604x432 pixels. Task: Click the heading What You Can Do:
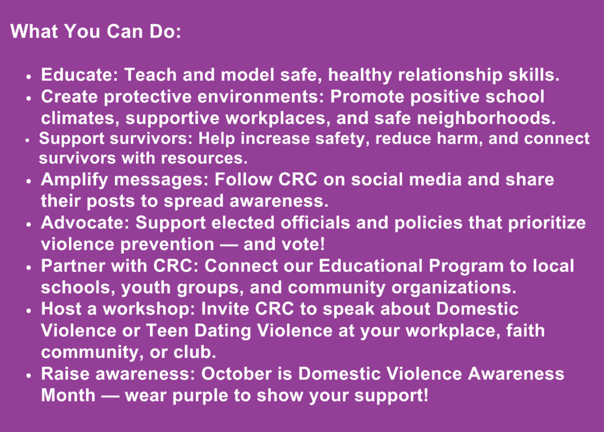click(96, 31)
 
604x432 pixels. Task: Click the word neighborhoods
click(486, 118)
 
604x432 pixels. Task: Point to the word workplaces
click(278, 119)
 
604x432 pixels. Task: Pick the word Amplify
click(74, 180)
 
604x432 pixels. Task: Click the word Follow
click(243, 179)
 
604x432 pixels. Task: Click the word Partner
click(73, 266)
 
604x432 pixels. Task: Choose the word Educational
click(371, 266)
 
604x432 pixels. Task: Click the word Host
click(61, 309)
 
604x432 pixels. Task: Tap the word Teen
click(167, 331)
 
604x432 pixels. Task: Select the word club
click(195, 352)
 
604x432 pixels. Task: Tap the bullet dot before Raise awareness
click(29, 376)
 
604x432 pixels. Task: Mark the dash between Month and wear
click(110, 397)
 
